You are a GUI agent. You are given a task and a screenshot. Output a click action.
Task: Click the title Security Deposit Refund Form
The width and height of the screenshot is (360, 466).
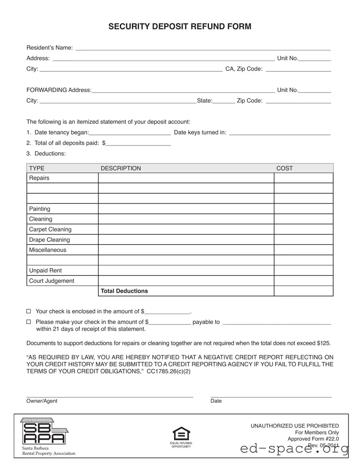click(180, 27)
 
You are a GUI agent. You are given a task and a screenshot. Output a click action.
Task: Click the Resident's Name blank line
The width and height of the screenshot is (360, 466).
click(203, 48)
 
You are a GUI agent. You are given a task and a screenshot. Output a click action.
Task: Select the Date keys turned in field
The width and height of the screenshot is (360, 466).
click(280, 133)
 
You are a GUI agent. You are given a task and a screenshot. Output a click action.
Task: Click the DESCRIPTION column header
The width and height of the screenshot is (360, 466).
click(121, 169)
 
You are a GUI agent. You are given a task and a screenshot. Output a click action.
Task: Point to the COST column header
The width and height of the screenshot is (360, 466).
click(285, 169)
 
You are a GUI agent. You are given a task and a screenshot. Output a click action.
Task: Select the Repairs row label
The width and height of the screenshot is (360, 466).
click(39, 178)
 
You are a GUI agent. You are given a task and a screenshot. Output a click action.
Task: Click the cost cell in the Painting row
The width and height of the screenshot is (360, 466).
click(303, 209)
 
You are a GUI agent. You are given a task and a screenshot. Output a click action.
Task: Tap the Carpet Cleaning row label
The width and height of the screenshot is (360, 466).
click(50, 230)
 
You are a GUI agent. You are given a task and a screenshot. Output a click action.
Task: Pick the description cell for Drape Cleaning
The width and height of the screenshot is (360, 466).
click(186, 240)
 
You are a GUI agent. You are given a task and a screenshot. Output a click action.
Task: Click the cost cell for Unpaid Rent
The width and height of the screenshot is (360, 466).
click(303, 271)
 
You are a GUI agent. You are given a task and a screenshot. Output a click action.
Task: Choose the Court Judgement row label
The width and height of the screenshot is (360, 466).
click(52, 281)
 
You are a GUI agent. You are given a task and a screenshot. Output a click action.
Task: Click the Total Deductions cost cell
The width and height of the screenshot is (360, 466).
click(303, 291)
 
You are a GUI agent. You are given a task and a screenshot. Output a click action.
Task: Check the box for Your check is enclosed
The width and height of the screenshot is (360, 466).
click(29, 312)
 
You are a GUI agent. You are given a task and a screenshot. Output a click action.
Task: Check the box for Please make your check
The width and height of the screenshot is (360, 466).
click(29, 322)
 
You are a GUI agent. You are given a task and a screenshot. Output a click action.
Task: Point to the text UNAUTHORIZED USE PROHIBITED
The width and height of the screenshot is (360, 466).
click(294, 426)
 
